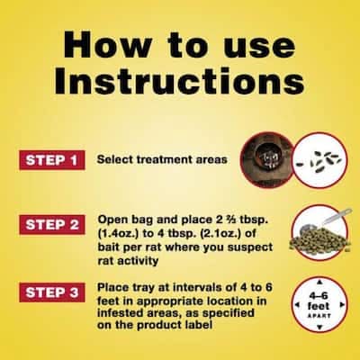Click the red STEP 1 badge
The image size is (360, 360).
pyautogui.click(x=52, y=160)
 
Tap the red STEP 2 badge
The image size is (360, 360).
pyautogui.click(x=52, y=225)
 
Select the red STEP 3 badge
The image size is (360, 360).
pyautogui.click(x=52, y=292)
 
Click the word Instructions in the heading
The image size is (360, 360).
pyautogui.click(x=179, y=80)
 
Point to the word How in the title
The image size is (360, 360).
pyautogui.click(x=108, y=44)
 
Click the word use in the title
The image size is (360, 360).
pyautogui.click(x=260, y=48)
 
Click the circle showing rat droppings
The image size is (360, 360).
pyautogui.click(x=319, y=160)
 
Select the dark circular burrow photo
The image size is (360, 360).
pyautogui.click(x=266, y=160)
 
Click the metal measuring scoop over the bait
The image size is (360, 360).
pyautogui.click(x=327, y=221)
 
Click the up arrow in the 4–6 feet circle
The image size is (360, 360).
pyautogui.click(x=319, y=282)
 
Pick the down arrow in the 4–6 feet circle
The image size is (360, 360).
pyautogui.click(x=319, y=327)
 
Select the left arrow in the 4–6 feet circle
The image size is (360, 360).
pyautogui.click(x=297, y=305)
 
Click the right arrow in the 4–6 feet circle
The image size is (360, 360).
pyautogui.click(x=342, y=305)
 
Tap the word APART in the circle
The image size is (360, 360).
pyautogui.click(x=319, y=316)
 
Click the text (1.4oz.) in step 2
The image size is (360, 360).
pyautogui.click(x=118, y=234)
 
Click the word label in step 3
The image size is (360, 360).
pyautogui.click(x=199, y=325)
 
